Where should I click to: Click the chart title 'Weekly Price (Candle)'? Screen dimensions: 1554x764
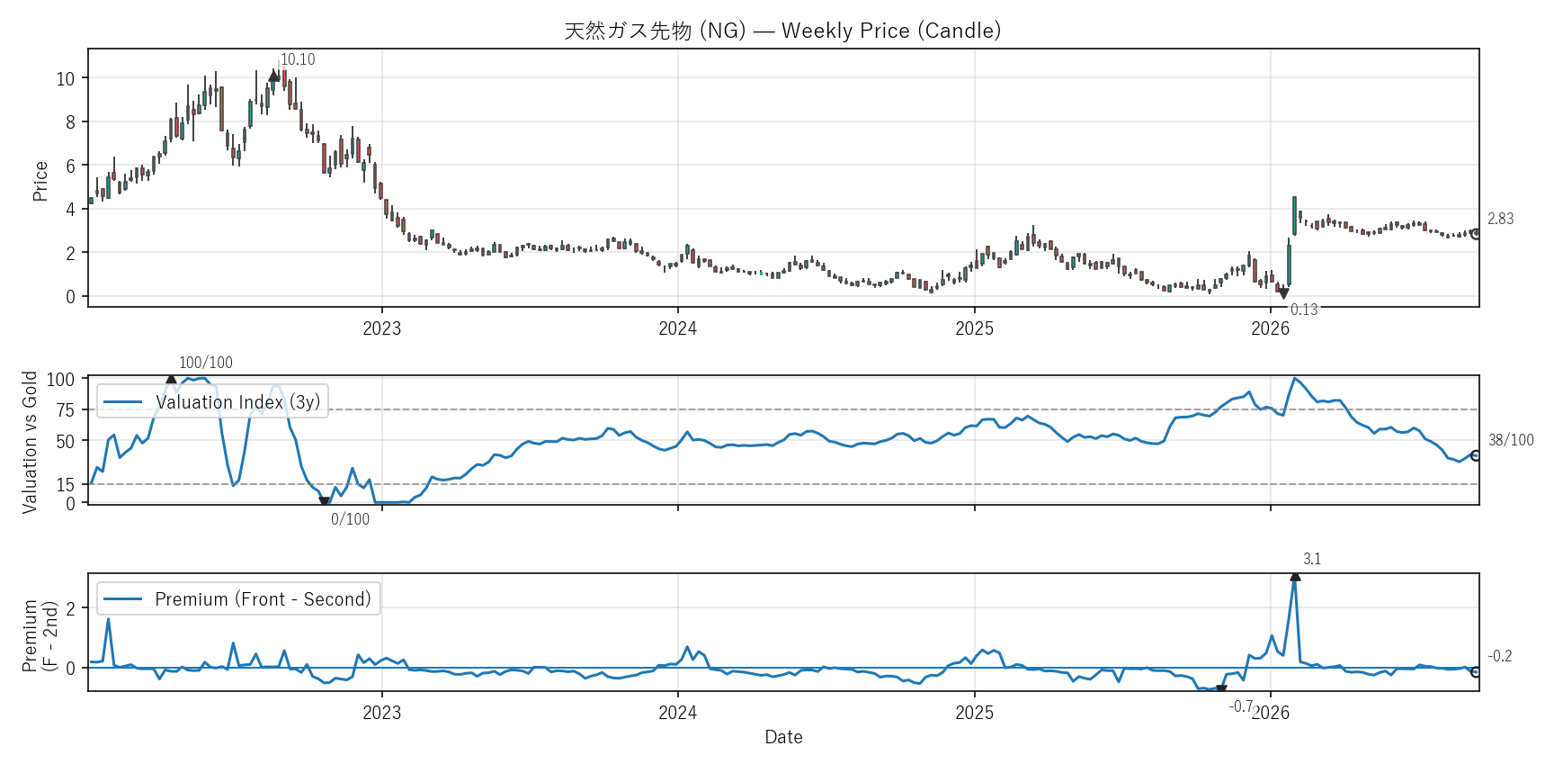pos(890,31)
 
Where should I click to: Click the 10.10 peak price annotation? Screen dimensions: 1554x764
pos(298,59)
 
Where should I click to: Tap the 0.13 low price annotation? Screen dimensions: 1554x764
pos(1304,310)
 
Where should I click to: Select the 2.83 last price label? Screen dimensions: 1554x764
pos(1500,219)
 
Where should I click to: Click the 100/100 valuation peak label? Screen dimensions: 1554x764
pos(206,363)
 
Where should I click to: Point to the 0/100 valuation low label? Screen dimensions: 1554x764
pos(350,519)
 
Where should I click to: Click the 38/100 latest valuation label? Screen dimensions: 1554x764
pos(1511,440)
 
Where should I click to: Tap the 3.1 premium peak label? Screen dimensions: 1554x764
pos(1312,559)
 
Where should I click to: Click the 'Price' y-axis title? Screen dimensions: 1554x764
pos(40,181)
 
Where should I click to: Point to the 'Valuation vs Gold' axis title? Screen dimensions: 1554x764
pos(30,442)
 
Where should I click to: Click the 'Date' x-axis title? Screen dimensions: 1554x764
pos(783,737)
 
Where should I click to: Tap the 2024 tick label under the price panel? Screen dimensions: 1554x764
pos(677,328)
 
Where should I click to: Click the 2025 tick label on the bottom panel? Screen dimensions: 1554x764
pos(974,713)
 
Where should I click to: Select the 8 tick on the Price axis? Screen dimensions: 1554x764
pos(70,122)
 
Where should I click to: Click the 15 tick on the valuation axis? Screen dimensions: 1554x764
pos(66,485)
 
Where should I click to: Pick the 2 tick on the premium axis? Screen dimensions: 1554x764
pos(71,608)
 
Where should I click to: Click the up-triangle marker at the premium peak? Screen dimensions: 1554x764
pos(1295,576)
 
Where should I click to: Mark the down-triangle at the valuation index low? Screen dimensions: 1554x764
pos(325,501)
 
